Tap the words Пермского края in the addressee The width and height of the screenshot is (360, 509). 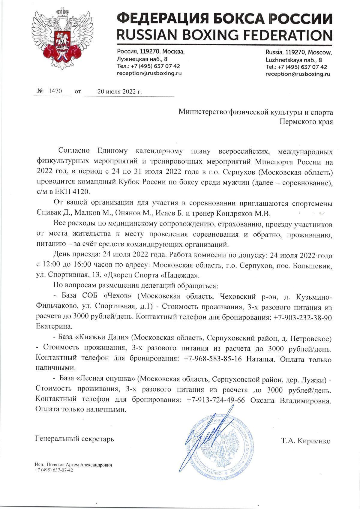306,122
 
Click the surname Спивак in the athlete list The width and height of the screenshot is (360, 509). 48,213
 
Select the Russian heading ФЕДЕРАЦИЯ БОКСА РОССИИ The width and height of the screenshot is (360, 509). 224,19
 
